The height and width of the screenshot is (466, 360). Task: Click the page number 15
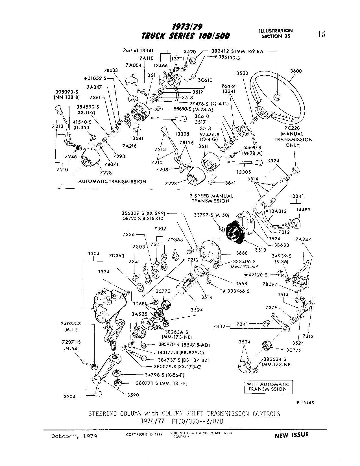tap(321, 34)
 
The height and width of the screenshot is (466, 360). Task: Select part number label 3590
tap(133, 395)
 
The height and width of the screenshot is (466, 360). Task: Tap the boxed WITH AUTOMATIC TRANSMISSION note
tap(268, 387)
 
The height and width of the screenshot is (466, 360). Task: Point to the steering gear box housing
tap(107, 308)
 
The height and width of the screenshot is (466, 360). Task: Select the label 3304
tap(69, 397)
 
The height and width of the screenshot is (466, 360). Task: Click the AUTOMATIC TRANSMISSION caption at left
tap(112, 182)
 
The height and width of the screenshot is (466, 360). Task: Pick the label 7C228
tap(294, 128)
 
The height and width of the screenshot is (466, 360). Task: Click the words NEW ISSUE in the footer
tap(291, 435)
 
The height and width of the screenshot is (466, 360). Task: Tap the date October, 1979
tap(74, 436)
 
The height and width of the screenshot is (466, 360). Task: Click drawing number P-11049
tap(305, 403)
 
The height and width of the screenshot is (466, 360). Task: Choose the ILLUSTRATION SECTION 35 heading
tap(276, 33)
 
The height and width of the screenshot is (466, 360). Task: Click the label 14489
tap(304, 210)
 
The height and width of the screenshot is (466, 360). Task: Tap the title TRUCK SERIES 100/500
tap(186, 36)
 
